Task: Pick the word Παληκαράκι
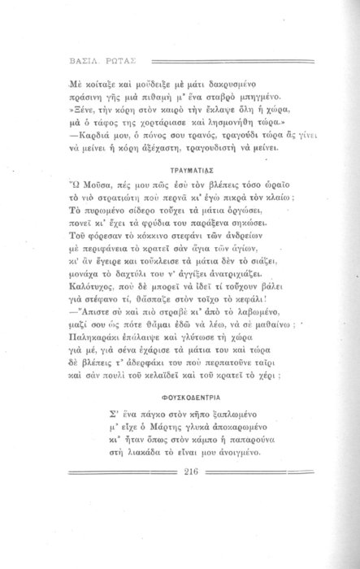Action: [x=101, y=330]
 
